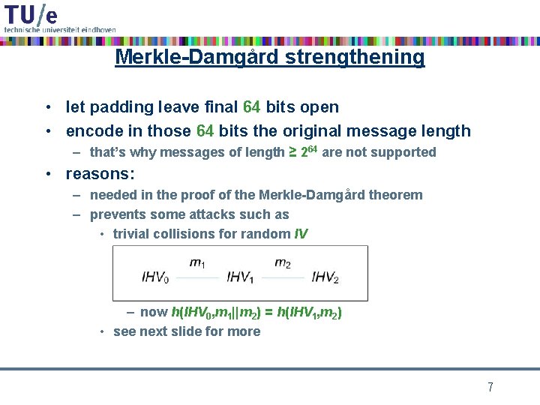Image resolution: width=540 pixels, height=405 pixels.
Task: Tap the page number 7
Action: point(490,387)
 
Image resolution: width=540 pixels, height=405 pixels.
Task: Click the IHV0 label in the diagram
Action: point(155,277)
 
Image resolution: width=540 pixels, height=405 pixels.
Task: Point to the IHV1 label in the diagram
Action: point(240,277)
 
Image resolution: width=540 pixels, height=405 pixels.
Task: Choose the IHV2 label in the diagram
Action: point(325,277)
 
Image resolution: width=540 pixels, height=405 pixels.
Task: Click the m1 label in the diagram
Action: point(197,263)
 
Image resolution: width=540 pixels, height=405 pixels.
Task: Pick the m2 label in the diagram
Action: point(283,263)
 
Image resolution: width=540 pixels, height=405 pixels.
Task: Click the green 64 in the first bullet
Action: point(252,107)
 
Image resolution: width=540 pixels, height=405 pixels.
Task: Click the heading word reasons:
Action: point(100,174)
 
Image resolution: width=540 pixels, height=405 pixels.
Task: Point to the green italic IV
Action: point(301,233)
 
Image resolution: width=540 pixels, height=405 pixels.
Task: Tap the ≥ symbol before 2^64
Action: point(292,152)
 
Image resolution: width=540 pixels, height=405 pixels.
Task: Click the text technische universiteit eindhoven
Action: point(60,29)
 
